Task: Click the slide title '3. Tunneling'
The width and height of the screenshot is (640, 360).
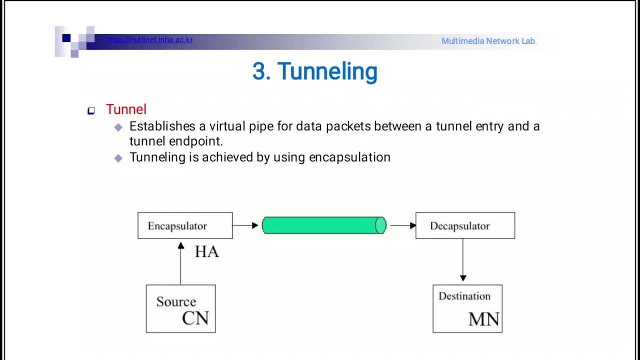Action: pyautogui.click(x=314, y=71)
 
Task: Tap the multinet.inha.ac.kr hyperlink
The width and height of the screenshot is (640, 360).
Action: pyautogui.click(x=150, y=40)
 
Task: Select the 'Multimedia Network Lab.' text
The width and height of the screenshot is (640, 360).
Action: pyautogui.click(x=489, y=41)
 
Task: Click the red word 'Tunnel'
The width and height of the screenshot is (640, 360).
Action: pyautogui.click(x=126, y=109)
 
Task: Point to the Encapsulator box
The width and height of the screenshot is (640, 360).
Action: pyautogui.click(x=185, y=225)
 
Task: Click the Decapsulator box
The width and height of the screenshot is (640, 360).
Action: pyautogui.click(x=465, y=225)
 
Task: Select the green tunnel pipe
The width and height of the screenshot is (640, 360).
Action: pyautogui.click(x=324, y=225)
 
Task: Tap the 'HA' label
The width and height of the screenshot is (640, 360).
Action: pyautogui.click(x=206, y=251)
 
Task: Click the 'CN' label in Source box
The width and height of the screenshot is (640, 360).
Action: pyautogui.click(x=195, y=318)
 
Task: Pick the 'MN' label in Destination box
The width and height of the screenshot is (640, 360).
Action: pyautogui.click(x=483, y=319)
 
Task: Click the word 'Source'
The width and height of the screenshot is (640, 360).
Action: pyautogui.click(x=176, y=301)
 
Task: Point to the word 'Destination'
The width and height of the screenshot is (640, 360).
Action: pyautogui.click(x=464, y=296)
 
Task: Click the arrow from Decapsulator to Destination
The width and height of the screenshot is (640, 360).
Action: pyautogui.click(x=463, y=260)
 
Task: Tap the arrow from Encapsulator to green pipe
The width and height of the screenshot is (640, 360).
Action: pyautogui.click(x=245, y=225)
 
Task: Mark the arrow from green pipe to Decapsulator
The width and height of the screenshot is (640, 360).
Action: pyautogui.click(x=402, y=225)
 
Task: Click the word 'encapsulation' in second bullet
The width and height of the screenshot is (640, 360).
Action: pyautogui.click(x=349, y=157)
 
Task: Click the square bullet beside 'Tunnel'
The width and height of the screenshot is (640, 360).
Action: pyautogui.click(x=91, y=110)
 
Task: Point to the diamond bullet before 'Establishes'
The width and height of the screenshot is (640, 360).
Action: pyautogui.click(x=118, y=127)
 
